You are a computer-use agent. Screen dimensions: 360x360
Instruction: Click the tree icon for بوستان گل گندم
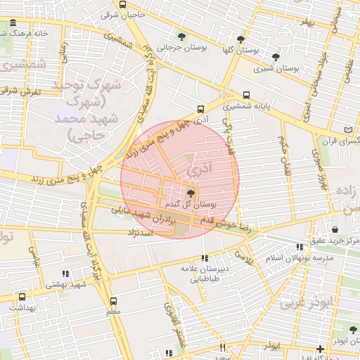coord(191,193)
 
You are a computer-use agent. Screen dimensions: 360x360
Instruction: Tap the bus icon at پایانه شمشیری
coord(246,96)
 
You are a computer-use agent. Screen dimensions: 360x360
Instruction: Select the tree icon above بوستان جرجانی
coord(182,37)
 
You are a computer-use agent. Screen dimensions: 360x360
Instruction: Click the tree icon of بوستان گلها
coord(241,39)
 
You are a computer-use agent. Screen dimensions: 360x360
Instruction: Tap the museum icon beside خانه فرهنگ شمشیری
coord(13,25)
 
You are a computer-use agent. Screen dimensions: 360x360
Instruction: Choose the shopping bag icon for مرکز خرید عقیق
coord(334,229)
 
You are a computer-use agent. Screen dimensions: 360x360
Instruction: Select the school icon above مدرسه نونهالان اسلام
coord(300,247)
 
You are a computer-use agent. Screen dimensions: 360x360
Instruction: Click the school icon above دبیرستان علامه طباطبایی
coord(205,258)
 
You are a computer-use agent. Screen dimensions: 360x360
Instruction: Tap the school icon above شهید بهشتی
coord(65,274)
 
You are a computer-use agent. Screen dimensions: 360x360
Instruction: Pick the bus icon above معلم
coord(114,300)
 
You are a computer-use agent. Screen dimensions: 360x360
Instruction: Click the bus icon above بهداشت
coord(12,297)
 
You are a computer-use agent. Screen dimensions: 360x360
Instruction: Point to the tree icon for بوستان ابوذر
coord(354,329)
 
